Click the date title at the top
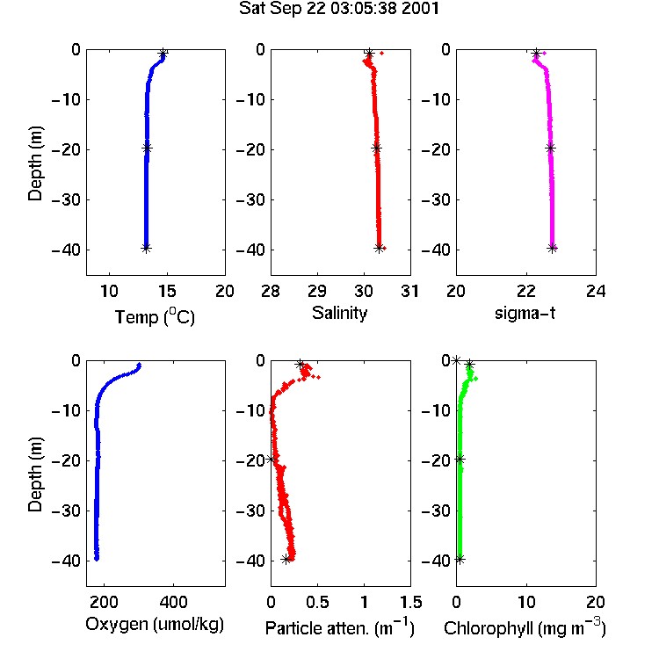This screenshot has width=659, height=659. pyautogui.click(x=339, y=9)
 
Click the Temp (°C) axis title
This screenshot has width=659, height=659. pyautogui.click(x=155, y=316)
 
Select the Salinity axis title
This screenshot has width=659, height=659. pyautogui.click(x=339, y=313)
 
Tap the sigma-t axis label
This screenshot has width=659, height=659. pyautogui.click(x=525, y=313)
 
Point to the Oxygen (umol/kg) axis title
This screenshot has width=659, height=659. pyautogui.click(x=155, y=625)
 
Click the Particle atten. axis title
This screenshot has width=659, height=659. pyautogui.click(x=340, y=627)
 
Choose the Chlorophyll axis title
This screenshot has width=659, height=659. pyautogui.click(x=525, y=627)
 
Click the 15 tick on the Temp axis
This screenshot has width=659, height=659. pyautogui.click(x=167, y=291)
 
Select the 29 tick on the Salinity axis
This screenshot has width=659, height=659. pyautogui.click(x=317, y=291)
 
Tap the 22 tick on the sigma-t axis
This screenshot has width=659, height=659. pyautogui.click(x=526, y=291)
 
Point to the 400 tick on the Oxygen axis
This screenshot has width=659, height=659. pyautogui.click(x=174, y=602)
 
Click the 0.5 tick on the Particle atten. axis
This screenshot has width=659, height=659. pyautogui.click(x=317, y=602)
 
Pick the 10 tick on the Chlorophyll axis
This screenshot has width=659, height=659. pyautogui.click(x=526, y=602)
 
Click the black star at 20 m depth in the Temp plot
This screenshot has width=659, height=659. pyautogui.click(x=147, y=148)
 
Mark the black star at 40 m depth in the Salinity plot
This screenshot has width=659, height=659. pyautogui.click(x=379, y=248)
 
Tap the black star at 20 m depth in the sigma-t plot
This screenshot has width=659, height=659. pyautogui.click(x=550, y=148)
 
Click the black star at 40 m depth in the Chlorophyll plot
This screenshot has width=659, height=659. pyautogui.click(x=460, y=560)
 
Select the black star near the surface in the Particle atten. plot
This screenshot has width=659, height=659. pyautogui.click(x=300, y=365)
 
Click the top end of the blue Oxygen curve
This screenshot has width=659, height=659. pyautogui.click(x=139, y=365)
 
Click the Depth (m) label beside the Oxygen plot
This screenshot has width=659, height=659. pyautogui.click(x=35, y=474)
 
